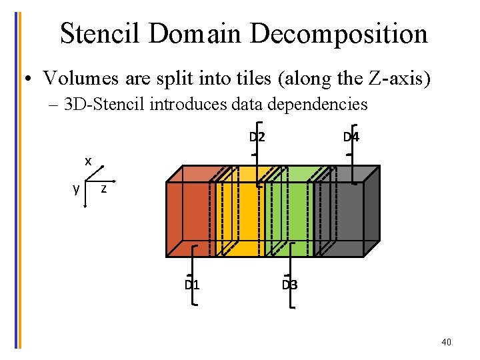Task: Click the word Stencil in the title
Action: pyautogui.click(x=101, y=33)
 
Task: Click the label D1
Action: pyautogui.click(x=192, y=285)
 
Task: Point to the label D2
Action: pyautogui.click(x=257, y=138)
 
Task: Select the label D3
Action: pyautogui.click(x=289, y=285)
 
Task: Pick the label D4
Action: pyautogui.click(x=351, y=138)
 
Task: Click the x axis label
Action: pyautogui.click(x=88, y=161)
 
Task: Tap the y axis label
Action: pyautogui.click(x=77, y=188)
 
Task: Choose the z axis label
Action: pyautogui.click(x=103, y=189)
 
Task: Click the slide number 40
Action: pyautogui.click(x=446, y=342)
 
